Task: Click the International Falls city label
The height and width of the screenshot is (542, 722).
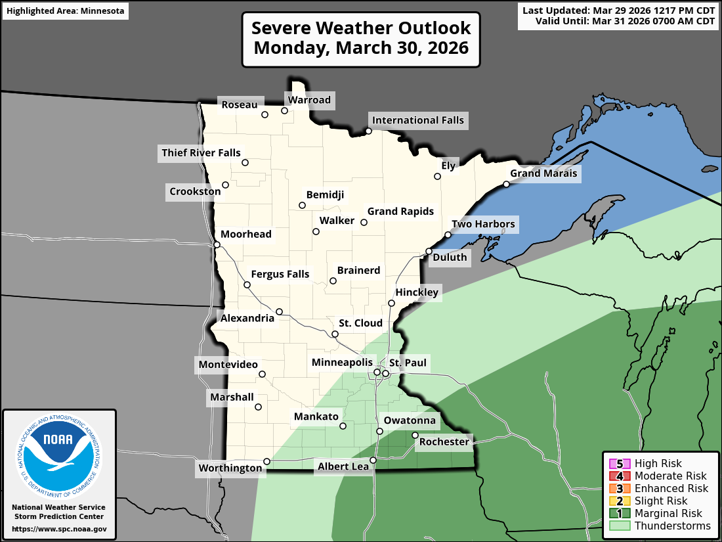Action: pyautogui.click(x=417, y=120)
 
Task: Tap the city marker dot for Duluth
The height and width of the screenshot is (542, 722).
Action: pyautogui.click(x=429, y=252)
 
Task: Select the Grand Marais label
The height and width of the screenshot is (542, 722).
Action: pyautogui.click(x=543, y=173)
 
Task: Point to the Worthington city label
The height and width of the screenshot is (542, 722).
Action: pyautogui.click(x=231, y=468)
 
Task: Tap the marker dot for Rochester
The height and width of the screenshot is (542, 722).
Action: pyautogui.click(x=415, y=435)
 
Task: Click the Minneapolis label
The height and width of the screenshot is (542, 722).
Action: pyautogui.click(x=342, y=363)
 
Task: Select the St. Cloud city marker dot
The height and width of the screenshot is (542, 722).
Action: pyautogui.click(x=335, y=334)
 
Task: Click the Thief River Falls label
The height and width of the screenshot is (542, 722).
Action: pyautogui.click(x=201, y=153)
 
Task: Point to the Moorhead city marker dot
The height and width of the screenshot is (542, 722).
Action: pyautogui.click(x=217, y=245)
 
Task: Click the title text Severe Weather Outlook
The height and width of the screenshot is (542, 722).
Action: pyautogui.click(x=361, y=28)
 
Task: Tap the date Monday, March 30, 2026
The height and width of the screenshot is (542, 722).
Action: pyautogui.click(x=361, y=49)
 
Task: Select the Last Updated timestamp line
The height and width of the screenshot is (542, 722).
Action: pyautogui.click(x=618, y=10)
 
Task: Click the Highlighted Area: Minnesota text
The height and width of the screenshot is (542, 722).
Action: pyautogui.click(x=65, y=11)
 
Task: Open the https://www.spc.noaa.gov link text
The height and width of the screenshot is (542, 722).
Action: pyautogui.click(x=59, y=529)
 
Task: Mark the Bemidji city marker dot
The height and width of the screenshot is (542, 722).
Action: pyautogui.click(x=303, y=206)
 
